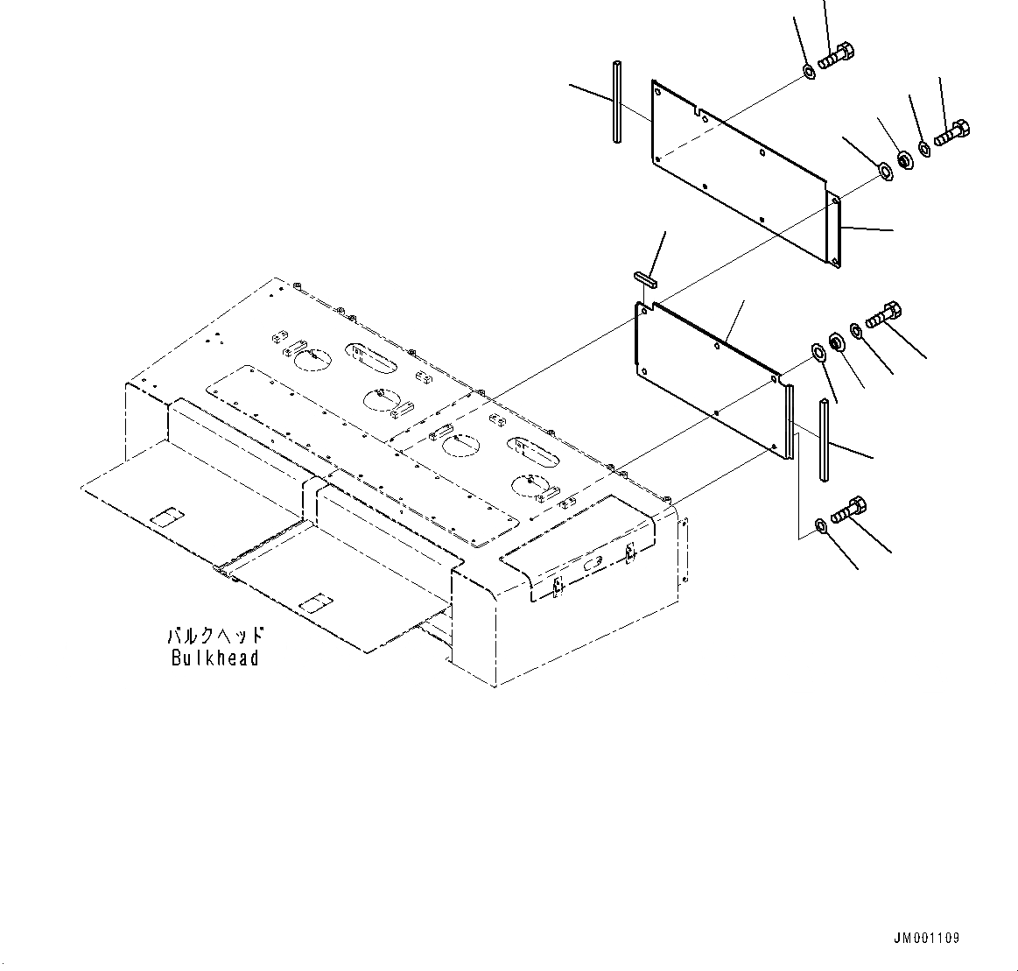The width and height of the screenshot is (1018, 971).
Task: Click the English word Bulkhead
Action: click(x=215, y=658)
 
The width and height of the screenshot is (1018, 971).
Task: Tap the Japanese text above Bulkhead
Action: click(x=215, y=636)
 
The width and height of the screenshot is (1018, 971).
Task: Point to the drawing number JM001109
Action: click(x=926, y=938)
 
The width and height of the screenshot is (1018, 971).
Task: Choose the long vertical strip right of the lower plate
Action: click(x=825, y=440)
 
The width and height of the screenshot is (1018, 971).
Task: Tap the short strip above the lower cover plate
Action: click(x=646, y=278)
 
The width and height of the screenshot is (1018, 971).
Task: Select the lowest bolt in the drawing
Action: click(x=848, y=510)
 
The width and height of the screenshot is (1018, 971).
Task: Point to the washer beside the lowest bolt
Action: click(x=820, y=525)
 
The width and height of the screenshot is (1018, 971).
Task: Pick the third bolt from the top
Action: click(x=885, y=313)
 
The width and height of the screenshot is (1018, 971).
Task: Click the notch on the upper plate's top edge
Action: click(x=699, y=111)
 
